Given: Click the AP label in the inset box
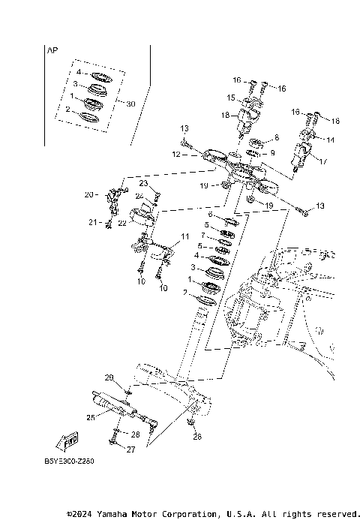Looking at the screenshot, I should (52, 52).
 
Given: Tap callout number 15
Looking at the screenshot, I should (231, 98).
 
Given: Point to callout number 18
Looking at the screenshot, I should (225, 116).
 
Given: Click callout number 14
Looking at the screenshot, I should (331, 140).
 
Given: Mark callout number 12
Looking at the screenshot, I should (175, 155).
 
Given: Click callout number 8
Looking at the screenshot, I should (276, 138).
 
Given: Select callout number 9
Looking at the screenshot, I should (273, 153).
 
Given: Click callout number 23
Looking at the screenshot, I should (142, 184).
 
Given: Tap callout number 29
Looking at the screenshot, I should (108, 377).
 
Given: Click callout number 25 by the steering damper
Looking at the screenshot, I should (91, 418).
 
